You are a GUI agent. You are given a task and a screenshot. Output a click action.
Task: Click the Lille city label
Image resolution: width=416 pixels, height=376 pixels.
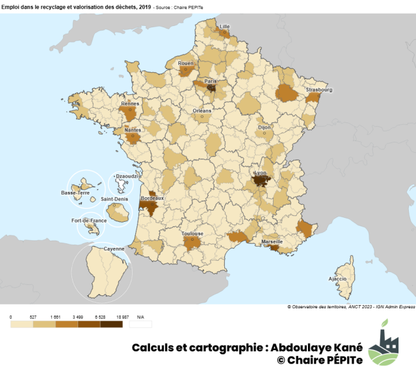(x=225, y=27)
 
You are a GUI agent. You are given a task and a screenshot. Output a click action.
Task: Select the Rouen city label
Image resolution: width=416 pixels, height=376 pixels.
(x=185, y=63)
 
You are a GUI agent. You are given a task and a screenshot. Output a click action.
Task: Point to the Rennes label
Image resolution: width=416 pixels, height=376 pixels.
(x=130, y=103)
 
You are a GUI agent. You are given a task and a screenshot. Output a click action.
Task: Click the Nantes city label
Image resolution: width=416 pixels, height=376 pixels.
(x=132, y=129)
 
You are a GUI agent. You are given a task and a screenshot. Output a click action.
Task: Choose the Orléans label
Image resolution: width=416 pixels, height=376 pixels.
(x=202, y=111)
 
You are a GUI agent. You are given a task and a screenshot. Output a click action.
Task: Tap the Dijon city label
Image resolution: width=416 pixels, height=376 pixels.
(x=265, y=128)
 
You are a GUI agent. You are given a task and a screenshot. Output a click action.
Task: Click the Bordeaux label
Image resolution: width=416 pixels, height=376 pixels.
(x=152, y=197)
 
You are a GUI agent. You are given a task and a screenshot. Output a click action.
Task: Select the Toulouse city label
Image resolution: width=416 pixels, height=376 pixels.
(x=192, y=234)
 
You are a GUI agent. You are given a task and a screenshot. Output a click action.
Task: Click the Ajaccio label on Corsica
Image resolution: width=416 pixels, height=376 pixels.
(x=338, y=278)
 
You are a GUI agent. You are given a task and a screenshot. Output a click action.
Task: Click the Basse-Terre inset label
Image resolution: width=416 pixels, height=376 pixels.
(x=75, y=193)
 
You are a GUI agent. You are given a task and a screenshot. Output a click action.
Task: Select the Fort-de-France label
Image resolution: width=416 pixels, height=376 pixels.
(x=89, y=221)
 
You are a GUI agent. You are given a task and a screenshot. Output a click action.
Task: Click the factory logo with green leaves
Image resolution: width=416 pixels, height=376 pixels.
(x=383, y=342)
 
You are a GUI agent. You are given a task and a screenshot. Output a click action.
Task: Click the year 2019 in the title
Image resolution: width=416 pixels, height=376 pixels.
(x=145, y=6)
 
